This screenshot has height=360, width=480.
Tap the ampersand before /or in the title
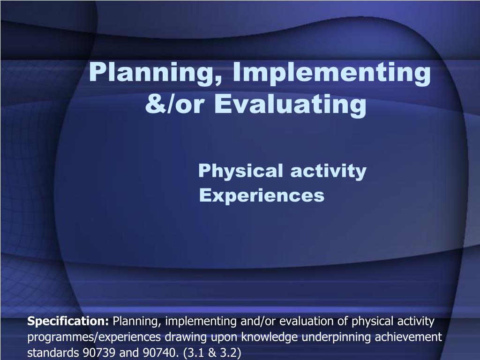(155, 104)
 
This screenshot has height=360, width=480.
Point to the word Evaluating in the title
(290, 105)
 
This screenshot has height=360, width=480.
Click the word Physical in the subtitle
(240, 171)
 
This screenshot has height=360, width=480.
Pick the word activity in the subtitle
(328, 171)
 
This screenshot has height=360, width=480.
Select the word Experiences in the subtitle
(262, 195)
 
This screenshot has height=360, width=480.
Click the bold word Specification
(68, 322)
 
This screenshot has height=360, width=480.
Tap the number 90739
(99, 352)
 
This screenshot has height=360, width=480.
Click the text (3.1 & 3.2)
(212, 353)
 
